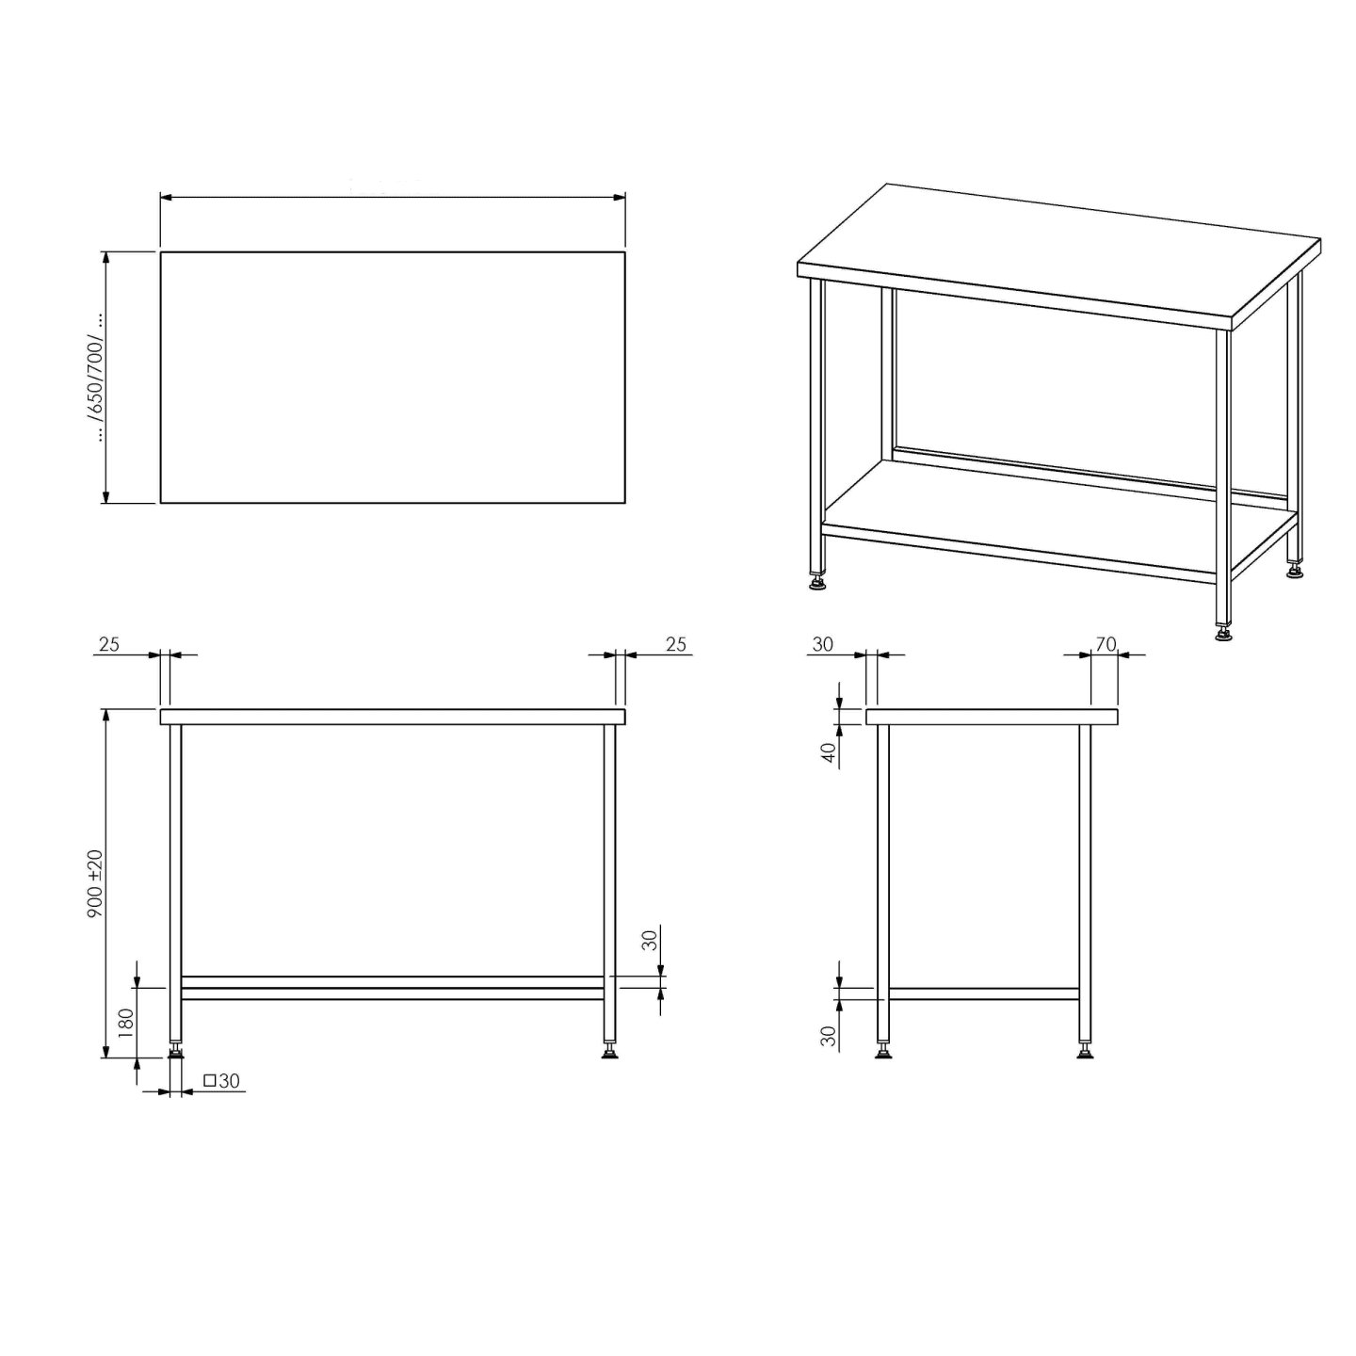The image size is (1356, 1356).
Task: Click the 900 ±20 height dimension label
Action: pos(95,883)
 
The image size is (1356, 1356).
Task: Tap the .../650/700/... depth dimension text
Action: pos(96,378)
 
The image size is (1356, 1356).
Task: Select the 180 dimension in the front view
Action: pos(125,1024)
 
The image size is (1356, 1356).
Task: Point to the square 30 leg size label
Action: pos(221,1080)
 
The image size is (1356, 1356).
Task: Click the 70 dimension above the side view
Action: pos(1106,644)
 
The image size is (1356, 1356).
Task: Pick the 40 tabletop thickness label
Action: pos(829,752)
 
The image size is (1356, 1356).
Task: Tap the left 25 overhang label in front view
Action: pos(109,644)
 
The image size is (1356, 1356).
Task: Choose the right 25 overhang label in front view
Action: pos(675,644)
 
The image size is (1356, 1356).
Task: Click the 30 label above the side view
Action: pos(823,644)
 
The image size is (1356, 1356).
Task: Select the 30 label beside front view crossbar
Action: pos(650,940)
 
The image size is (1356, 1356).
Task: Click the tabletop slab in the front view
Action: pos(393,717)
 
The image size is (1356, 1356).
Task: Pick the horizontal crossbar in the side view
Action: pos(984,993)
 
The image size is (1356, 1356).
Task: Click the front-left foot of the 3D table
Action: pos(817,583)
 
